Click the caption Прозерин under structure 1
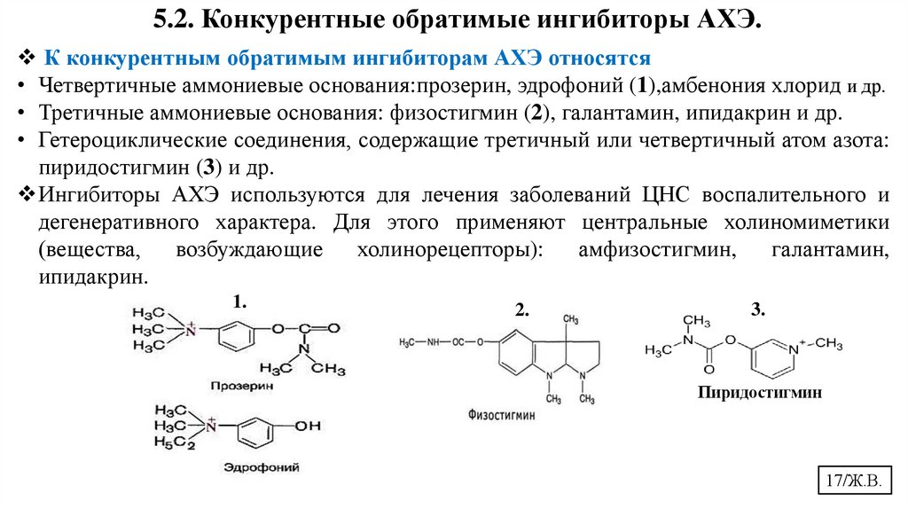point(243,387)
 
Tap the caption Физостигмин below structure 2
point(502,413)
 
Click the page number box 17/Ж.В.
point(852,482)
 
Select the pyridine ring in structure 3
point(770,355)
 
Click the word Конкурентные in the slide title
point(288,20)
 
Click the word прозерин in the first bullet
point(463,87)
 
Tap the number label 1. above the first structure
point(239,302)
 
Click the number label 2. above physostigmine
point(521,309)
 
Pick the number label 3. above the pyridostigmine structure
point(757,309)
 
